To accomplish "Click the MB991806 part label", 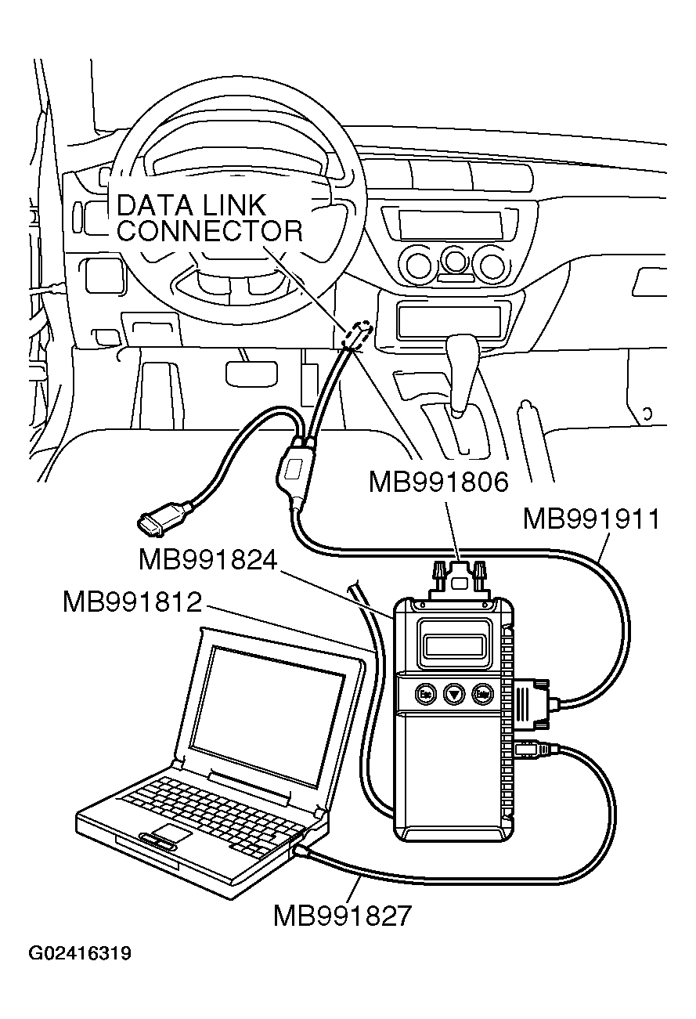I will point(438,482).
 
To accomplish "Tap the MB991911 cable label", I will point(591,519).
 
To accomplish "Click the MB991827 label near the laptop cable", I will point(341,915).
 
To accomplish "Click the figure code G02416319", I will point(80,954).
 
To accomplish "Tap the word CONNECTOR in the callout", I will point(209,231).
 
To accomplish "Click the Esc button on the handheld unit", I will point(426,693).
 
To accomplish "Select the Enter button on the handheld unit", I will point(482,693).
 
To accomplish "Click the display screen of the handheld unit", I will point(454,645).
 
